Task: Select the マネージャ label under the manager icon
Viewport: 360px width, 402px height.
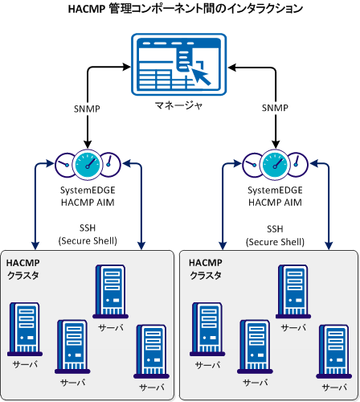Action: click(179, 104)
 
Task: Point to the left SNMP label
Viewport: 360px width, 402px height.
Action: click(88, 108)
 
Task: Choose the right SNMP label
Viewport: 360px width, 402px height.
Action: click(275, 108)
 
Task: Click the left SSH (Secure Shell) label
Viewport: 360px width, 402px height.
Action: click(88, 234)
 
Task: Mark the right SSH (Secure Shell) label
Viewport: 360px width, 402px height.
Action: click(275, 234)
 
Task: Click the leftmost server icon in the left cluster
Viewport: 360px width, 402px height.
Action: click(24, 328)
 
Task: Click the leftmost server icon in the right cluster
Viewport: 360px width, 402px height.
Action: click(207, 328)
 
